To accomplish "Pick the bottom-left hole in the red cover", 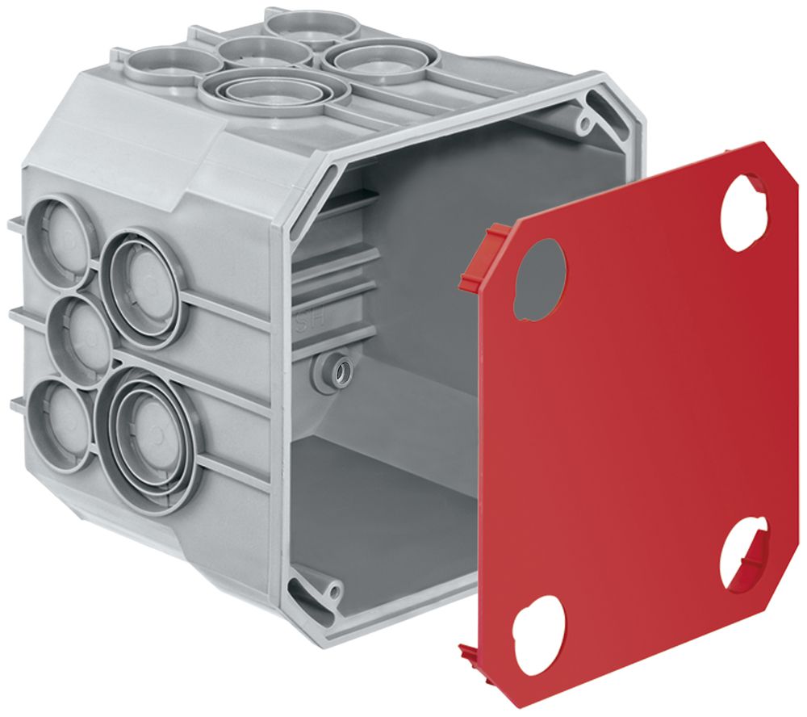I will (x=540, y=634).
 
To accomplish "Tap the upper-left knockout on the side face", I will (x=56, y=234).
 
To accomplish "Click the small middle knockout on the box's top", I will (x=264, y=51).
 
